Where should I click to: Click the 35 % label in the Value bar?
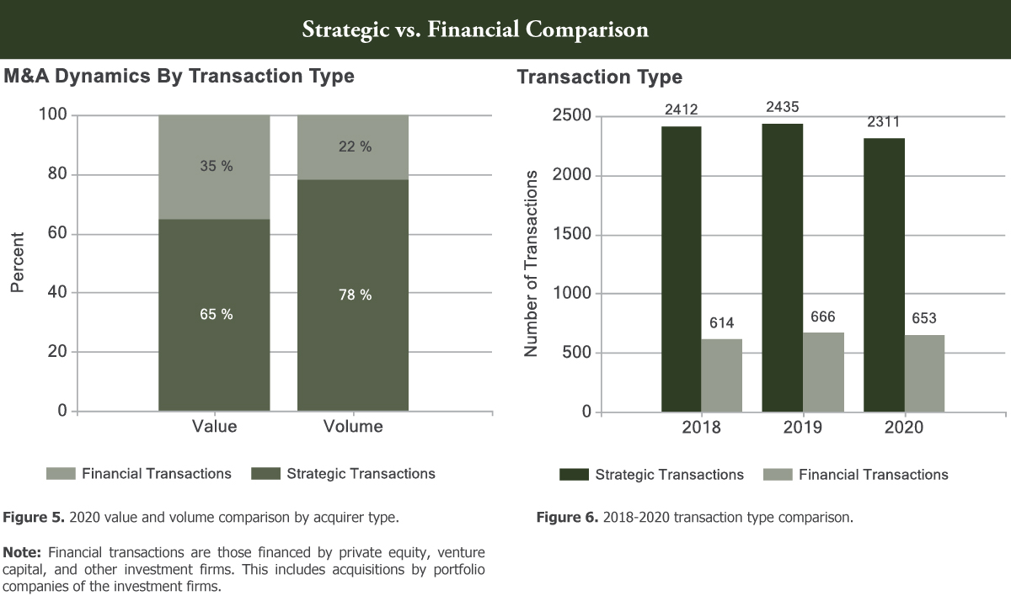(216, 166)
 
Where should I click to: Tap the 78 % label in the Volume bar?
(354, 295)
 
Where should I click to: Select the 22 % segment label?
(354, 146)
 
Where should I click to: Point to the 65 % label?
(216, 314)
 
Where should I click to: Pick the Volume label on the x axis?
(353, 427)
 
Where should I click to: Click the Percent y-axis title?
(18, 263)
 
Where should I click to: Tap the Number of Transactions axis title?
(531, 263)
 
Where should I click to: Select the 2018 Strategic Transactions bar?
(681, 269)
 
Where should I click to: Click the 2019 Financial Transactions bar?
(823, 372)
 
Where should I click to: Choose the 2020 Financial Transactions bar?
(924, 374)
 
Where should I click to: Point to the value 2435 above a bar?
(783, 107)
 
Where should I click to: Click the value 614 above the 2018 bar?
(722, 322)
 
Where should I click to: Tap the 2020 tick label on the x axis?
(904, 428)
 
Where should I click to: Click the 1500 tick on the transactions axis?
(574, 235)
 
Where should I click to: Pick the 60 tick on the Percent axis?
(57, 234)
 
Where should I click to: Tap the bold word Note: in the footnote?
(24, 552)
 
